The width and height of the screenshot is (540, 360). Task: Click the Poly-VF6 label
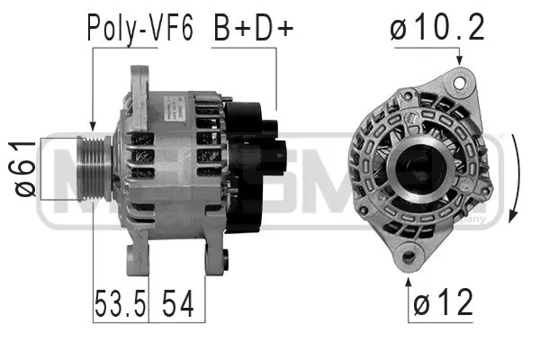click(139, 29)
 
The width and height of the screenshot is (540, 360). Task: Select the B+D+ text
click(254, 29)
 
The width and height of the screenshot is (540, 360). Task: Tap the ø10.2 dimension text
click(438, 29)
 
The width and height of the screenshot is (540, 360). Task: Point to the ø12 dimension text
click(442, 304)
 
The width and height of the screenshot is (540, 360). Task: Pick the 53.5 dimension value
click(120, 304)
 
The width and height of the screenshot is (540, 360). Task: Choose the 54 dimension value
click(176, 304)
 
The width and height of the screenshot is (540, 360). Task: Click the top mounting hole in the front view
click(462, 82)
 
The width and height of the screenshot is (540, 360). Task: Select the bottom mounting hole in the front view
click(410, 256)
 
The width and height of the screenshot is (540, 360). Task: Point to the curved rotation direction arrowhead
click(513, 215)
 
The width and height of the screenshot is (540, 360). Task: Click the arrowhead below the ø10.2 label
click(461, 61)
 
